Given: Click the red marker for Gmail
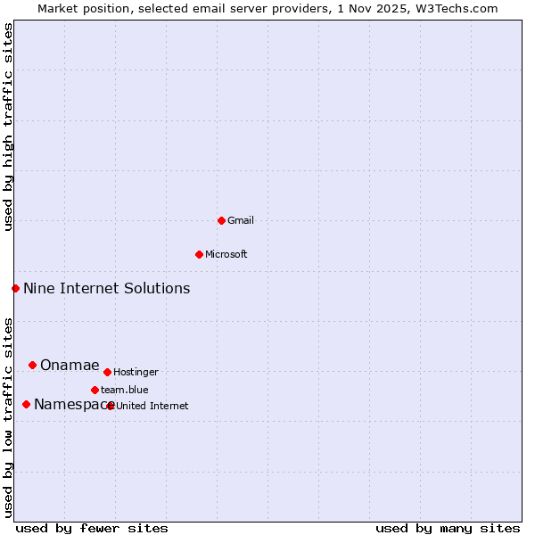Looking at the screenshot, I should coord(221,220).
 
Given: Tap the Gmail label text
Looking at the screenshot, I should coord(241,220).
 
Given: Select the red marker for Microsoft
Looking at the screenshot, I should coord(199,254).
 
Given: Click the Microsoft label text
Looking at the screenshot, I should coord(226,254).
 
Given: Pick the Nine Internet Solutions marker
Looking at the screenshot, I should coord(15,288).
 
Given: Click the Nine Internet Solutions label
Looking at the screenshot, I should coord(106,288).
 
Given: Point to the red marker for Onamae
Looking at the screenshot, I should coord(32,365).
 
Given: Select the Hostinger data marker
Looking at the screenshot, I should coord(107,372).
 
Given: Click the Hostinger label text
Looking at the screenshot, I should coord(136,372).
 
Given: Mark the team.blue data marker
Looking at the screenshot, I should coord(95,390).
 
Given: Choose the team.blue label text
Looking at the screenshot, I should coord(124,390).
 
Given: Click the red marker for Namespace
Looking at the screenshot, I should coord(26,404).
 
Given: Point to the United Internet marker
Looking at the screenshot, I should coord(111,406).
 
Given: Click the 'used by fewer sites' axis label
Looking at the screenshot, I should coord(92,528).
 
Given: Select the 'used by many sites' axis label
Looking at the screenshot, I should coord(448,528).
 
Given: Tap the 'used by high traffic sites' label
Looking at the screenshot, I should coord(9,127).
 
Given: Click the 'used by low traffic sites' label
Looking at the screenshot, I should coord(9,416).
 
